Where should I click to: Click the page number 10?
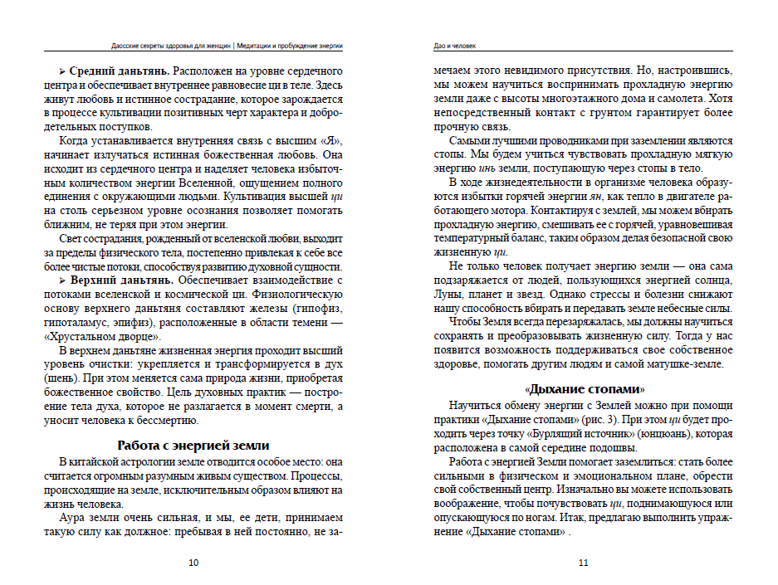tap(193, 563)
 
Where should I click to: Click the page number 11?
tap(583, 563)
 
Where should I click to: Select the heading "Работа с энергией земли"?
tap(193, 445)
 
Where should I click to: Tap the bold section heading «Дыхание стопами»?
tap(585, 389)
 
